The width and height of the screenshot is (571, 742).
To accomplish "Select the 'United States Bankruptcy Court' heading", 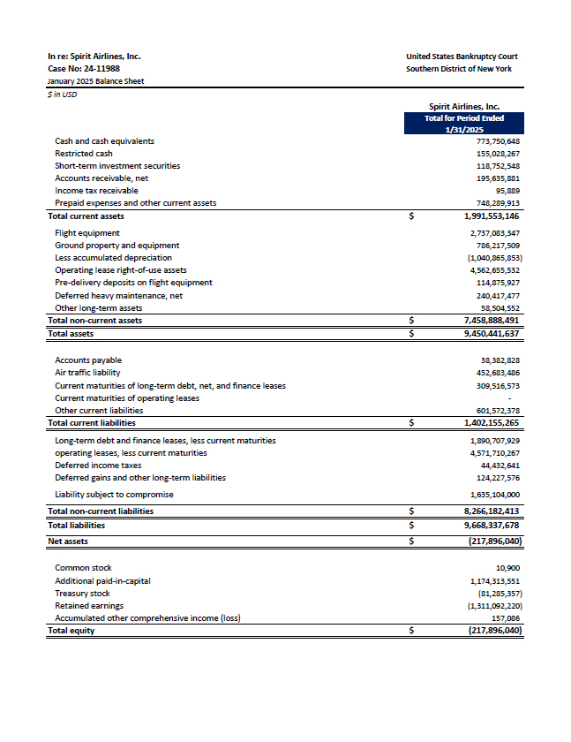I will (462, 57).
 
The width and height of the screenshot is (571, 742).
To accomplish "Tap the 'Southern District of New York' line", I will (458, 69).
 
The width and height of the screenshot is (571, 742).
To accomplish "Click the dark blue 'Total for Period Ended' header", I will (463, 117).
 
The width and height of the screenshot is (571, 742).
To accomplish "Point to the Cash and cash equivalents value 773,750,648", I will (498, 141).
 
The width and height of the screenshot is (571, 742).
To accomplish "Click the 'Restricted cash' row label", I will (84, 154).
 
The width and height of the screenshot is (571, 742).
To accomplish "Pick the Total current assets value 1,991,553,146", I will (492, 216).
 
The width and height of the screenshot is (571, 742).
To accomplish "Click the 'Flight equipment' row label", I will (85, 233).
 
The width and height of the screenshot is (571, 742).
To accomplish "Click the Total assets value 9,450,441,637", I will (492, 334).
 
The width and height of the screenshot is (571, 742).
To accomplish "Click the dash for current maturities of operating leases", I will (518, 397).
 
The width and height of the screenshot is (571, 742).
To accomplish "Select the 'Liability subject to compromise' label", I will (114, 495).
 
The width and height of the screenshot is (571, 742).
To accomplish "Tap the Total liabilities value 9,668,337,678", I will (492, 525).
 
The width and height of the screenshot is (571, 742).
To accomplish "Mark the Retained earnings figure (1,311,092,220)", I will (493, 606).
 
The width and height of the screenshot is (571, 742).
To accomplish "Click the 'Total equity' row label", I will (71, 631).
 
